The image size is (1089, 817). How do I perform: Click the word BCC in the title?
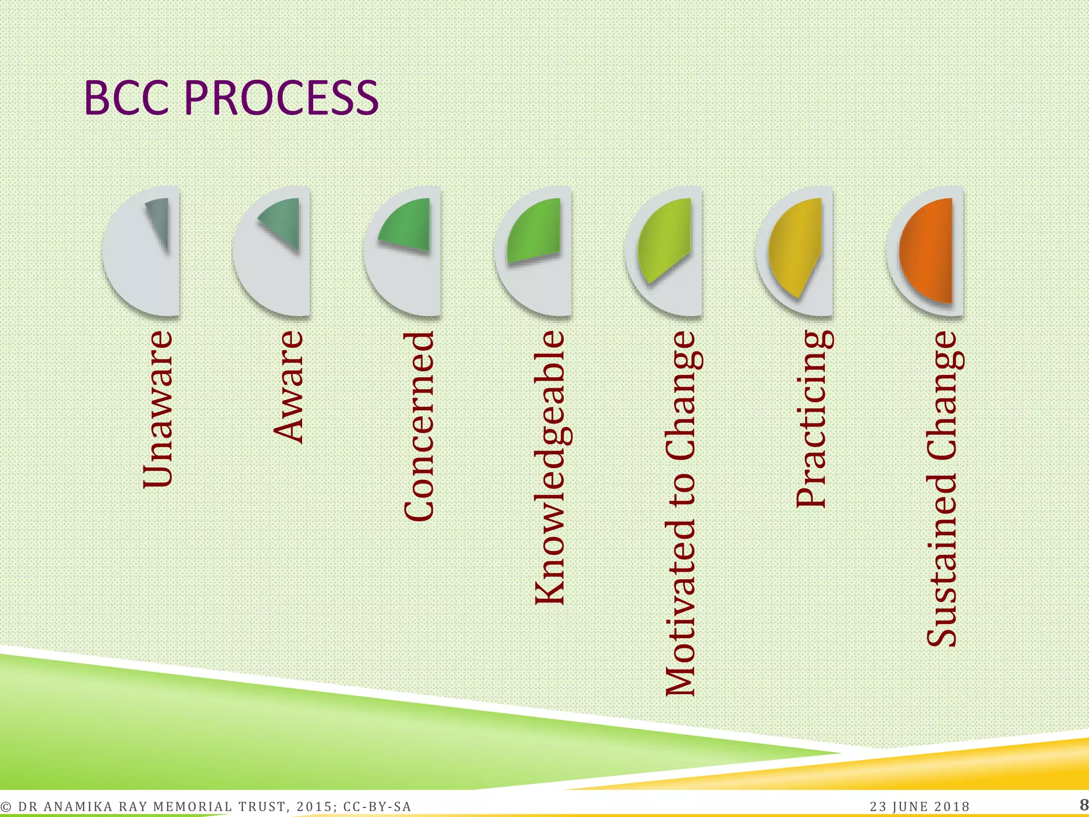[x=129, y=98]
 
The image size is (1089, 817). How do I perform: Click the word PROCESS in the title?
[x=281, y=98]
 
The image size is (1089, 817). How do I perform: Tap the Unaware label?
[x=158, y=409]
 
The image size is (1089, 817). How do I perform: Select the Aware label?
[x=288, y=387]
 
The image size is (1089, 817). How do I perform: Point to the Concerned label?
[x=419, y=426]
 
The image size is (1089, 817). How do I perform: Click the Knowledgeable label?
[x=549, y=468]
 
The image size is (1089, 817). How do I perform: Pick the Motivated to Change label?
[x=680, y=514]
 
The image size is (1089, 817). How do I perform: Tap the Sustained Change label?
[x=942, y=489]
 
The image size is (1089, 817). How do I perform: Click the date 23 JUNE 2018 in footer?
[x=920, y=806]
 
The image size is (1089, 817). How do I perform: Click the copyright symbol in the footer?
[x=6, y=807]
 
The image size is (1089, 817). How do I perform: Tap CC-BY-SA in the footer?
[x=377, y=806]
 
